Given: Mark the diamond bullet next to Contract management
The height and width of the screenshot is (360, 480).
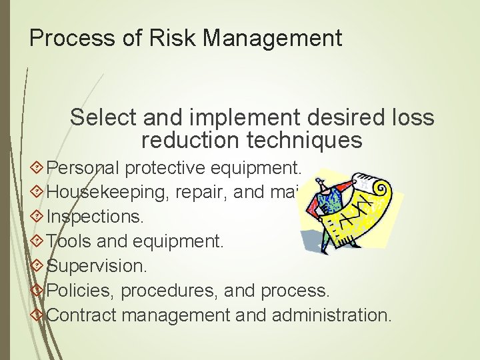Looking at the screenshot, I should [x=37, y=314].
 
